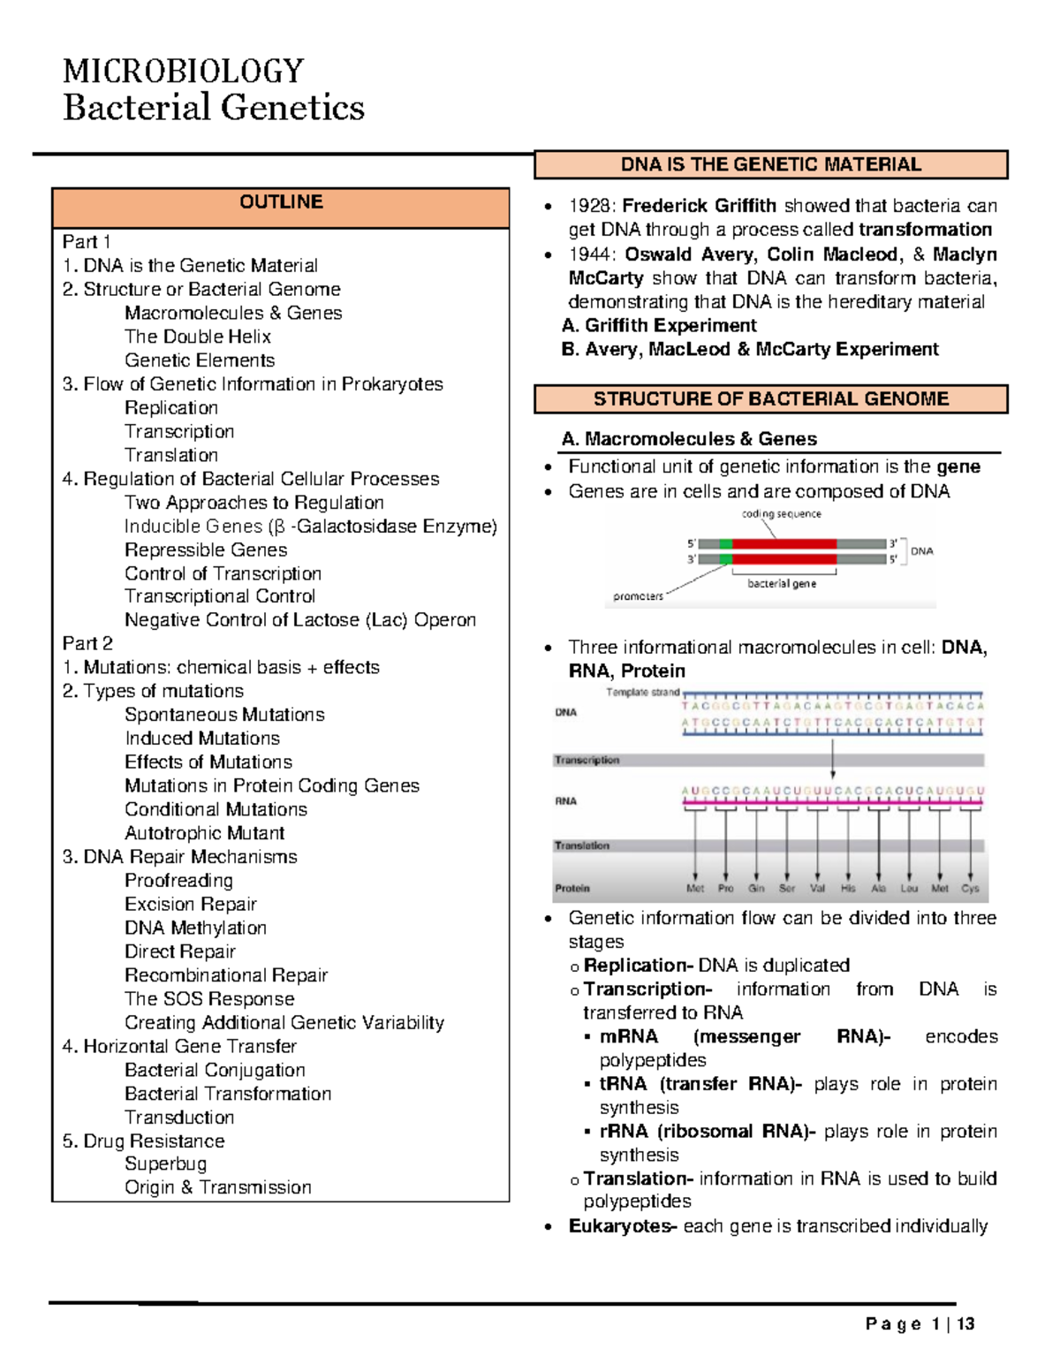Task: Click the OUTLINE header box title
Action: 281,202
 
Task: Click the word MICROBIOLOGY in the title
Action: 184,71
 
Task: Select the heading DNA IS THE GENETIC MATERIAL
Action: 770,165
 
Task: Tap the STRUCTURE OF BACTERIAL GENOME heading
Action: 770,399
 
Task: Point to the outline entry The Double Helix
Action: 197,337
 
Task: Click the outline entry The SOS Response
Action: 209,999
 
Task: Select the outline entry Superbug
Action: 165,1164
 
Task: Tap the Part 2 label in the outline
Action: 87,644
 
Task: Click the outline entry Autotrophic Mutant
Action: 204,833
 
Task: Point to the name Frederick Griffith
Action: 699,206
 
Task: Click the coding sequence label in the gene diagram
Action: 781,514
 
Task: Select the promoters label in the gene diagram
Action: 638,596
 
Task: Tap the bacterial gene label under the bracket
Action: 782,584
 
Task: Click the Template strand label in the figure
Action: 642,693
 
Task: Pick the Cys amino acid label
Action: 970,889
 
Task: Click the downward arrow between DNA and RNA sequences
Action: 832,759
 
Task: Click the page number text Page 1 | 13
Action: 920,1323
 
